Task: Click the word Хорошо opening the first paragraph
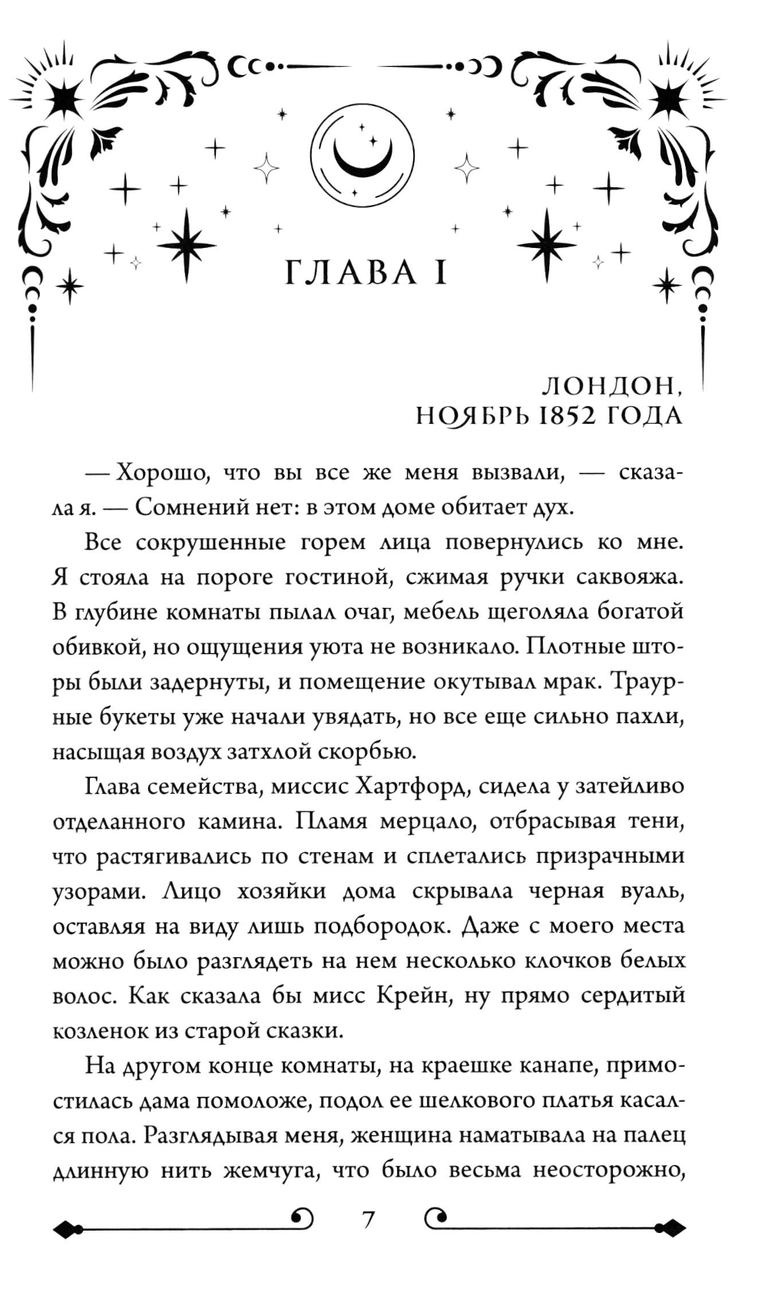point(161,472)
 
